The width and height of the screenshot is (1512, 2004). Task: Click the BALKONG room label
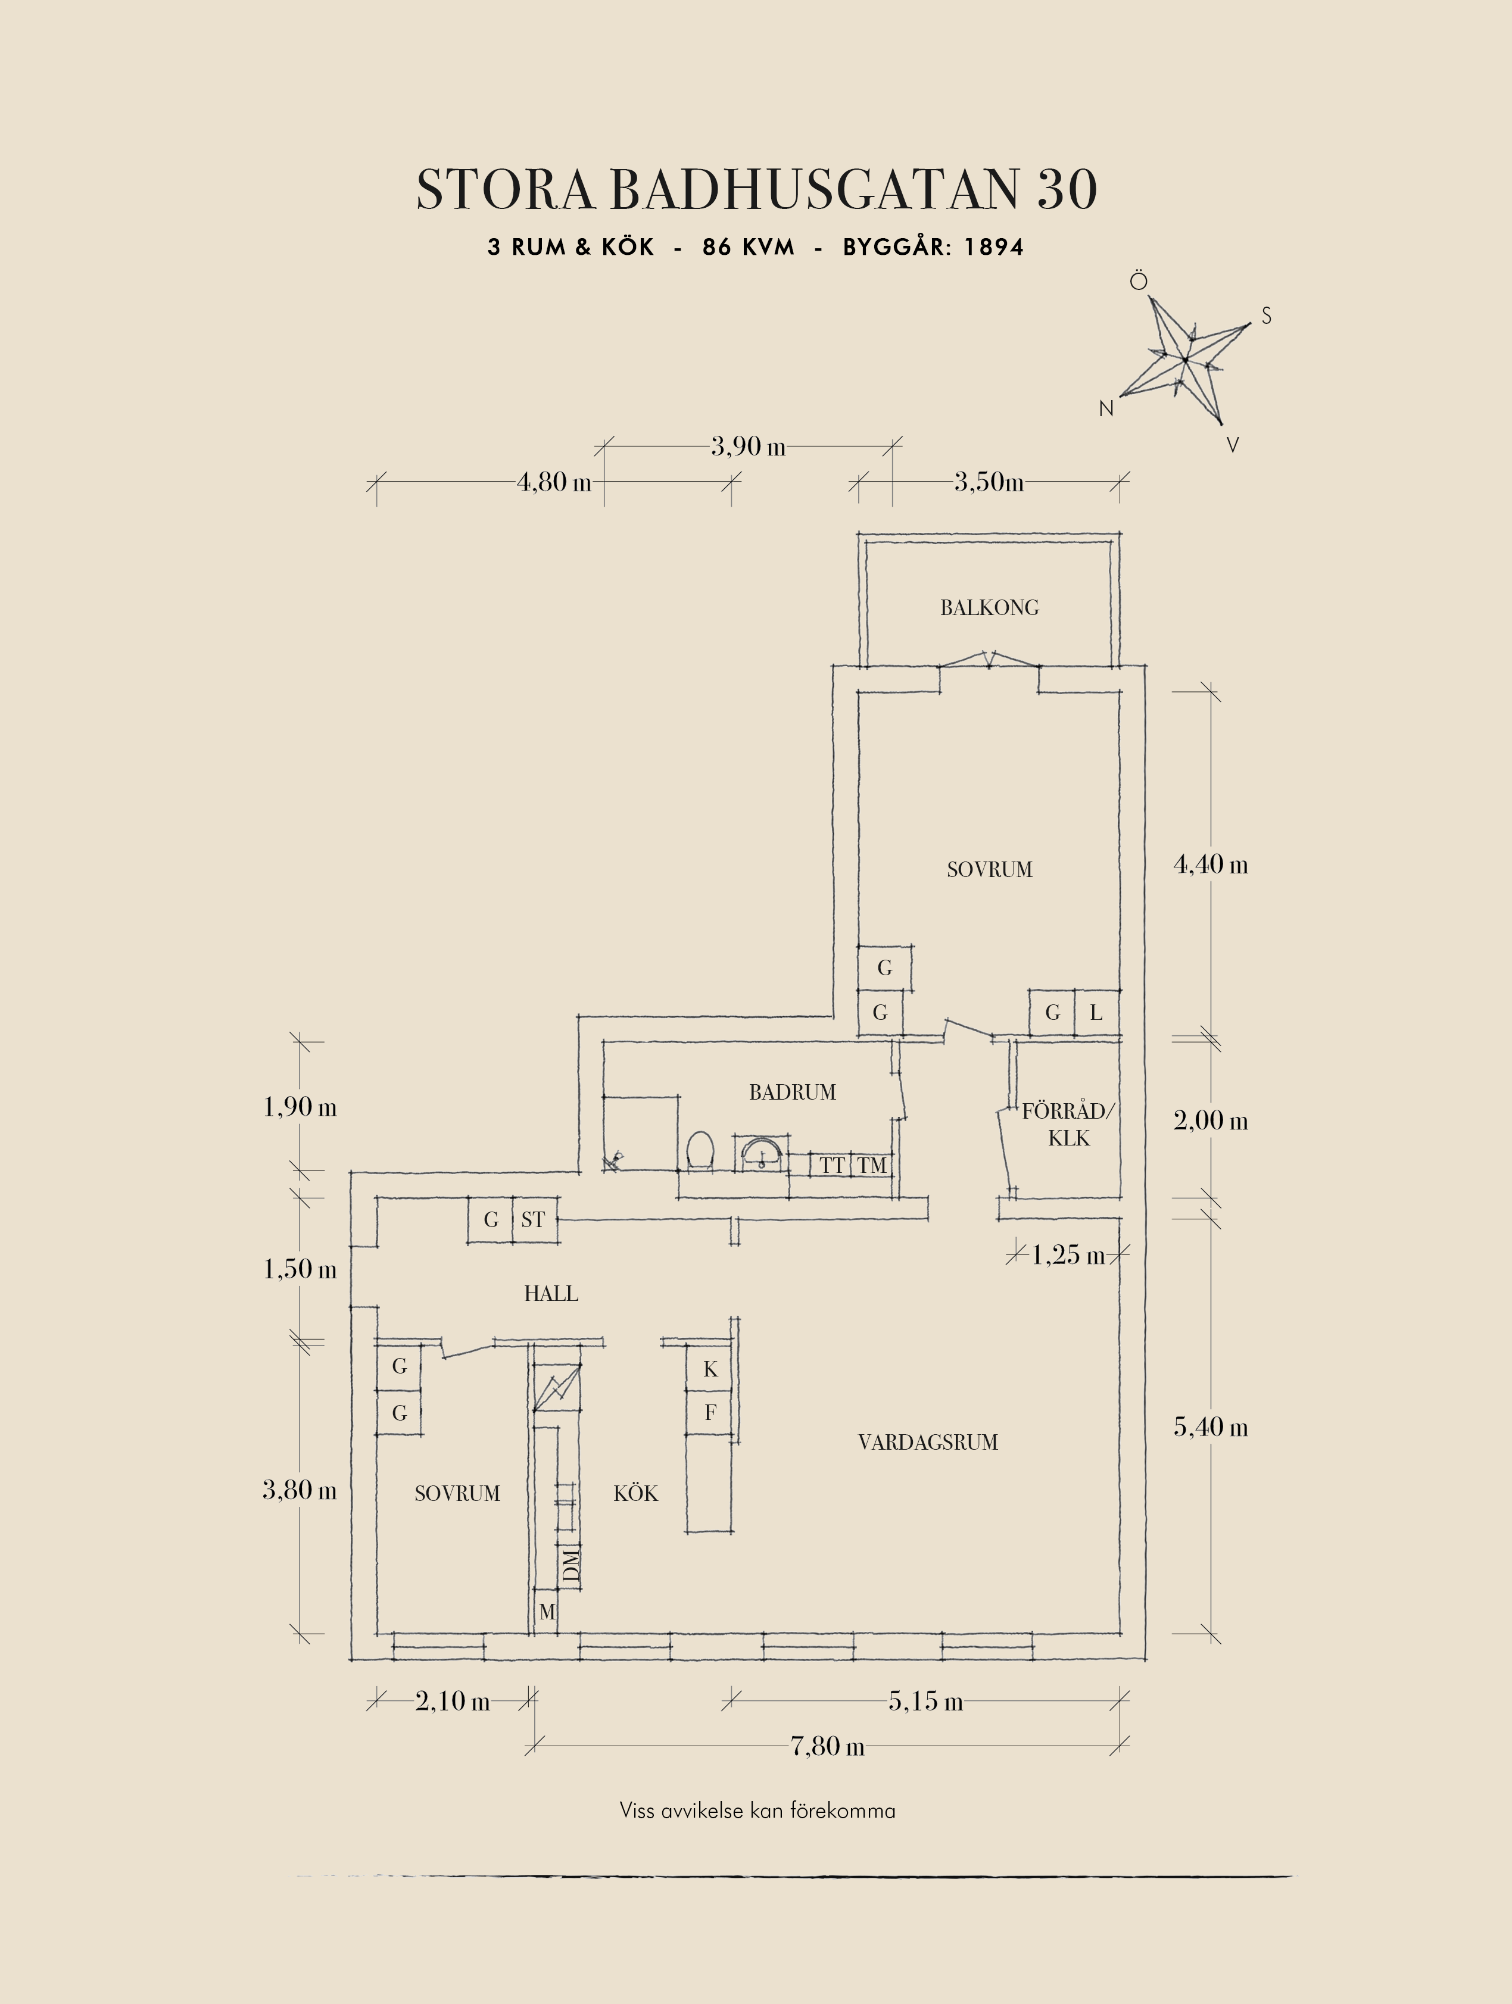[989, 608]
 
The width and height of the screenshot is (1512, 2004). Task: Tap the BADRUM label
[792, 1092]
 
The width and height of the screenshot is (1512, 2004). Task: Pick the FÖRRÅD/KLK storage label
[1069, 1124]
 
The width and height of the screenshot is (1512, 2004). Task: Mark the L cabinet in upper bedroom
[1096, 1013]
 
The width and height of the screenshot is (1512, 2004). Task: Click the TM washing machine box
[872, 1165]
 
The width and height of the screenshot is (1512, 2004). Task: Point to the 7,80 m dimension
[827, 1746]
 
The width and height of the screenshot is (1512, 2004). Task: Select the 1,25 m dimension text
[1068, 1255]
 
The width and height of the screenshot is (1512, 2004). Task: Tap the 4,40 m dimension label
[1210, 864]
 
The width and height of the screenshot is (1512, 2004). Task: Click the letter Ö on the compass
[1139, 282]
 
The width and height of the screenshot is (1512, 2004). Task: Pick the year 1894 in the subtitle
[994, 247]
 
